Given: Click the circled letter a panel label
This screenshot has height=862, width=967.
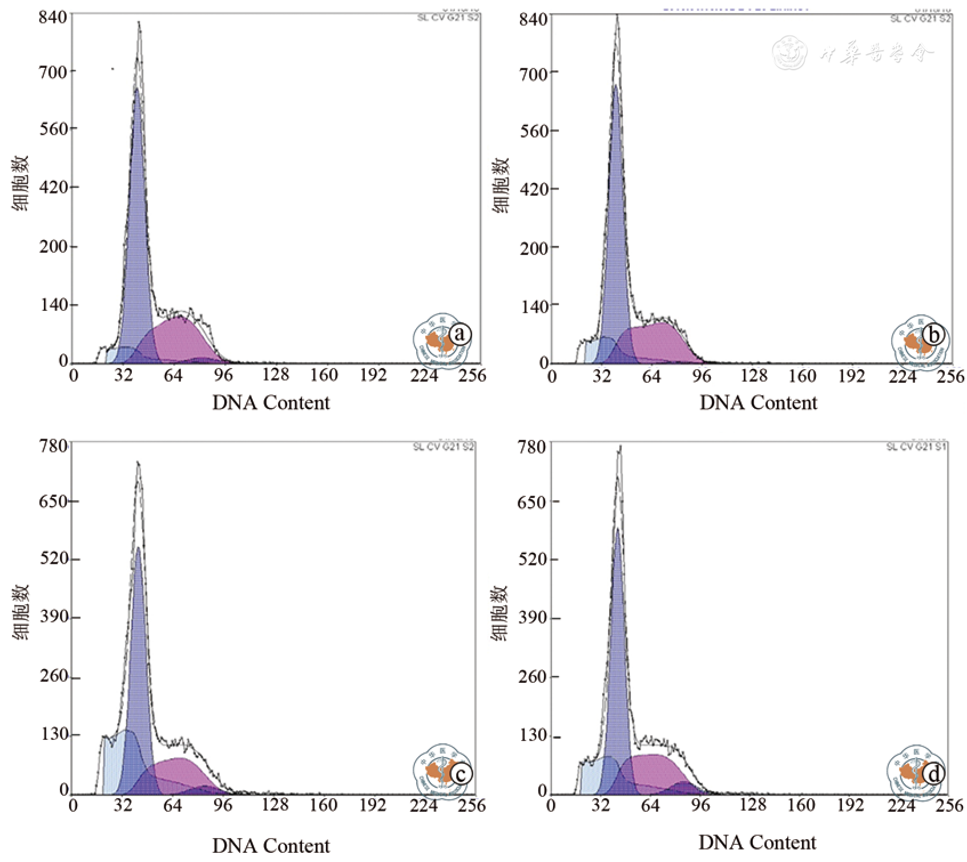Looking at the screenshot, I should [460, 334].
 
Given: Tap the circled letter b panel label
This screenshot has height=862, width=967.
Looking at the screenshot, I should [934, 334].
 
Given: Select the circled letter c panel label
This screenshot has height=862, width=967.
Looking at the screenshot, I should [460, 774].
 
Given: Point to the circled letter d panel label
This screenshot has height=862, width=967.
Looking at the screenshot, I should [934, 774].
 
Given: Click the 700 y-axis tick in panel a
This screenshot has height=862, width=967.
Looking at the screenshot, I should [53, 72].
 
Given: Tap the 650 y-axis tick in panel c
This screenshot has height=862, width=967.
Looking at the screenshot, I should [53, 502].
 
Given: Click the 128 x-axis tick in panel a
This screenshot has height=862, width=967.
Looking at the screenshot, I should [276, 375].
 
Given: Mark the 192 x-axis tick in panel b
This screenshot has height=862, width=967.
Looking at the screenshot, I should [852, 377].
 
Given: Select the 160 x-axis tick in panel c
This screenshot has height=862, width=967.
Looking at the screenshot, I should [324, 806].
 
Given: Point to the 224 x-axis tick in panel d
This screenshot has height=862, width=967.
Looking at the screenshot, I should [901, 806].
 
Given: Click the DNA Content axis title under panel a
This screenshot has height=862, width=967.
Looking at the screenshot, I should [271, 403].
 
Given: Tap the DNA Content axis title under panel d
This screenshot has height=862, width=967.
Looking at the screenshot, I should [758, 843].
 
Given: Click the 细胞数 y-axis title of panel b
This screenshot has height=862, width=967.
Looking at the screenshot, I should [501, 185].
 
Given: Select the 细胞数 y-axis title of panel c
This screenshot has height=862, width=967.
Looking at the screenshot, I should [21, 612].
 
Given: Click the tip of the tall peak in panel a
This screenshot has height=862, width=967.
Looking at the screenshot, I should [139, 23].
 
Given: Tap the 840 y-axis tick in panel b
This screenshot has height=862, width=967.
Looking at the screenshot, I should [533, 19].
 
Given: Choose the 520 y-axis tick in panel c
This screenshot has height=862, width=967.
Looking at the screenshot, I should [53, 559].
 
